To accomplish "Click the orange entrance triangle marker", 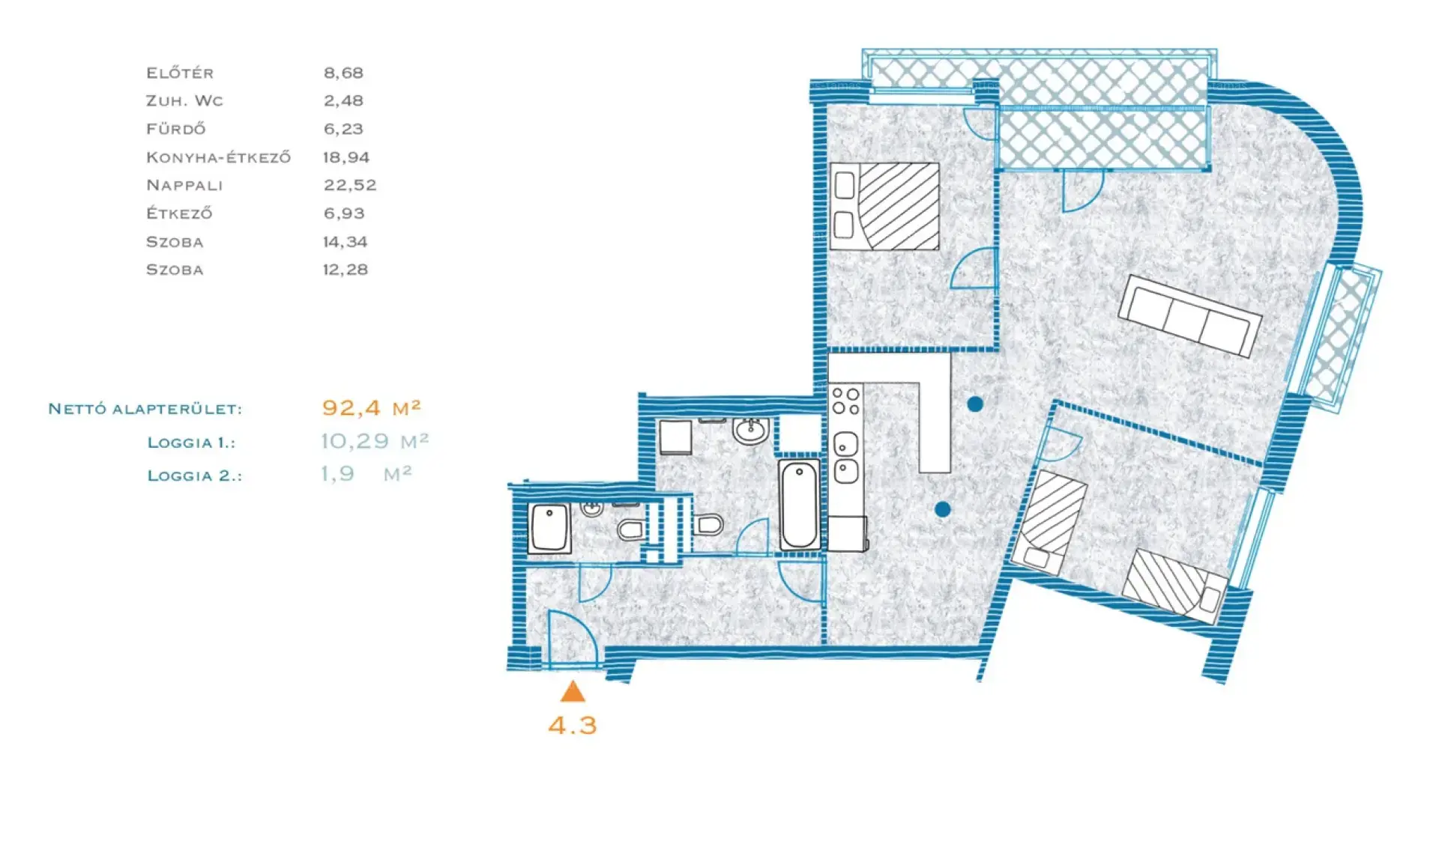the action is coord(573,692).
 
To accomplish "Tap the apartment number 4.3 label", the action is coord(573,725).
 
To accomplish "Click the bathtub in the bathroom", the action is coord(800,505).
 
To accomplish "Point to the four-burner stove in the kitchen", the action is coord(846,401).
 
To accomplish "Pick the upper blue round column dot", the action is coord(975,404).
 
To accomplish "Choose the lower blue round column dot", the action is coord(943,509).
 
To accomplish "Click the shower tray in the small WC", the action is coord(549,529).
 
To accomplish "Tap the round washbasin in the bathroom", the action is coord(750,431).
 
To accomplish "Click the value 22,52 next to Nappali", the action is coord(350,185).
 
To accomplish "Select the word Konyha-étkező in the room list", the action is coord(218,157).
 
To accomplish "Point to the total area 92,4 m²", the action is coord(372,407).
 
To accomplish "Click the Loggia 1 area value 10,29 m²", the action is coord(375,441).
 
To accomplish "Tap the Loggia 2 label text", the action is coord(195,476).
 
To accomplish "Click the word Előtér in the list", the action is coord(180,73).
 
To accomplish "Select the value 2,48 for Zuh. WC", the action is coord(343,100).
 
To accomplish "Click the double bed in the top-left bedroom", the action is coord(885,206).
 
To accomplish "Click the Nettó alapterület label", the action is coord(145,409).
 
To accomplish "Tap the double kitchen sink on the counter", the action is coord(846,458).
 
